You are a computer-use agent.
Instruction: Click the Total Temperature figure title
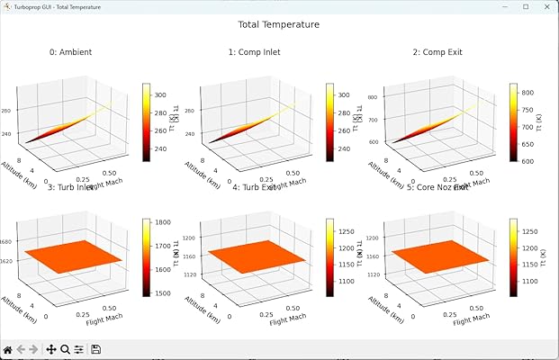pos(278,25)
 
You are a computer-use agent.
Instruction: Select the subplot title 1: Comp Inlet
pos(254,52)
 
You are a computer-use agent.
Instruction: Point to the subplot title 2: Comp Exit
pos(437,52)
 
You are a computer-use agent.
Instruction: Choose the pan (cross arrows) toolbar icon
pos(51,349)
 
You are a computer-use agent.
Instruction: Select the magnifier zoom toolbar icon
pos(65,349)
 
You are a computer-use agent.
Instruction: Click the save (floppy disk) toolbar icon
pos(95,349)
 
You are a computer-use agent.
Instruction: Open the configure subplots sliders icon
pos(78,349)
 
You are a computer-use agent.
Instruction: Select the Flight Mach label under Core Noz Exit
pos(475,319)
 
